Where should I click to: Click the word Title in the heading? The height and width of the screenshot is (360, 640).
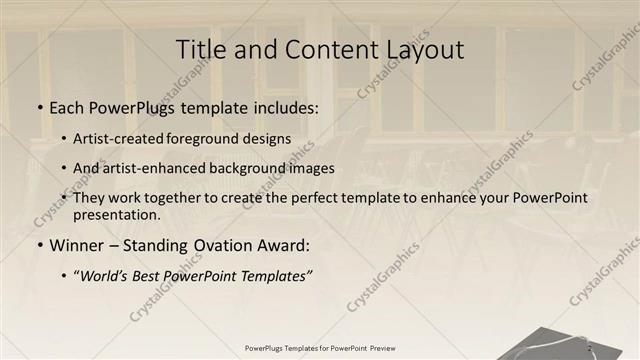pyautogui.click(x=200, y=49)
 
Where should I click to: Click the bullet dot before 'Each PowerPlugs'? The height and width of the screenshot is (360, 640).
pyautogui.click(x=39, y=108)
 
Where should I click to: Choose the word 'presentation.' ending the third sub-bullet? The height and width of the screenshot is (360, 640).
pyautogui.click(x=117, y=214)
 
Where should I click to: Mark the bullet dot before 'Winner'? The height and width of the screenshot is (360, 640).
pyautogui.click(x=39, y=245)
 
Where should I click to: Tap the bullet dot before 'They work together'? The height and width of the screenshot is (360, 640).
pyautogui.click(x=65, y=198)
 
